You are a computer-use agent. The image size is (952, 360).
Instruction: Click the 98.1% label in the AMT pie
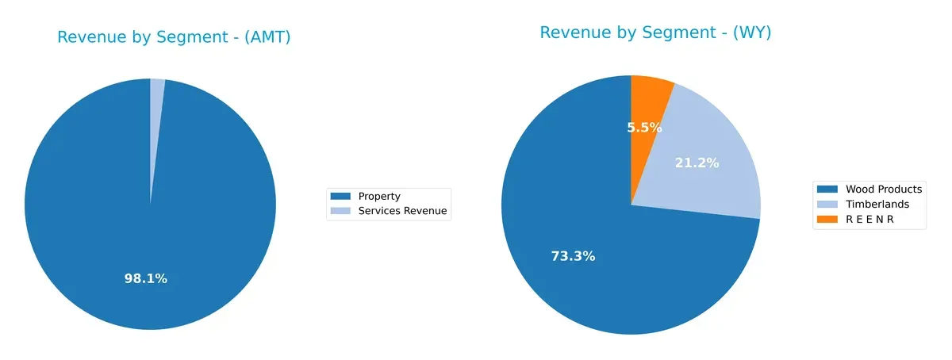[146, 278]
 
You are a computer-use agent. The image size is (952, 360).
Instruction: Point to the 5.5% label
[644, 127]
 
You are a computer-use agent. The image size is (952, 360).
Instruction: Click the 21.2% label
[697, 163]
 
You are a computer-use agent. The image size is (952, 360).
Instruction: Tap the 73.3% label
[573, 256]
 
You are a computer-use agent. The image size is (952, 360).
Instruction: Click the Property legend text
[379, 197]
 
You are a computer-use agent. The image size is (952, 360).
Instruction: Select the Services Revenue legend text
[402, 211]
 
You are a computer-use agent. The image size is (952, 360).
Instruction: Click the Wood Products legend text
[884, 189]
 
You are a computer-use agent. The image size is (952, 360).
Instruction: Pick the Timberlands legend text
[877, 204]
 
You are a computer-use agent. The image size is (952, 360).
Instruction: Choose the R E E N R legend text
[869, 219]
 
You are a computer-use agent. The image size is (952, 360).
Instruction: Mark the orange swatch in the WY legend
[828, 219]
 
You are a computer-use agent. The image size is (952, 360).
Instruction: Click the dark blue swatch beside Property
[340, 197]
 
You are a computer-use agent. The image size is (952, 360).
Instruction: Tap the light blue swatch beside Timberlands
[828, 204]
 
